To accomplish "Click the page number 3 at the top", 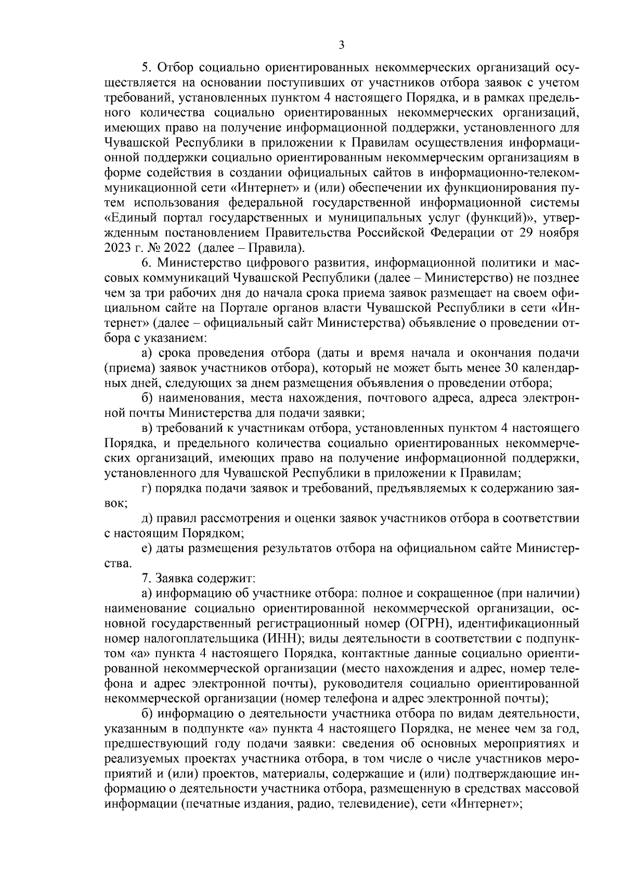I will (x=341, y=45).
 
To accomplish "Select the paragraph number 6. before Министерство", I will (x=147, y=262).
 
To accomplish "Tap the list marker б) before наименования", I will (x=148, y=399).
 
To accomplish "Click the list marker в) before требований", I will (x=148, y=428).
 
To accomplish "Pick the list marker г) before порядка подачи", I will (x=148, y=489).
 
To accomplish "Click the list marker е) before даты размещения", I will (x=148, y=548).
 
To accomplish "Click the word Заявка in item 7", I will (x=176, y=578).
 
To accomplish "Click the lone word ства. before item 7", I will (x=118, y=564).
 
